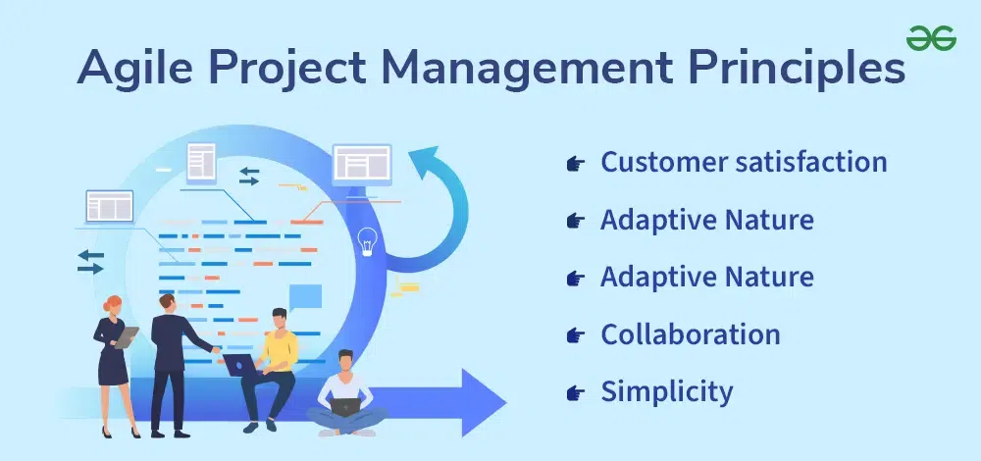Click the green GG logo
tap(931, 38)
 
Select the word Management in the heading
tap(528, 67)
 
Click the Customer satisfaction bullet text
tap(744, 162)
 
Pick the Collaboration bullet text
tap(690, 334)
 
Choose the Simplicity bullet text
tap(666, 392)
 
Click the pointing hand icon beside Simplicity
tap(575, 393)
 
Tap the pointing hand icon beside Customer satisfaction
tap(575, 164)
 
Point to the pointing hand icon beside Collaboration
tap(575, 335)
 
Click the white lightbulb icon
tap(367, 241)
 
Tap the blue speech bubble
tap(305, 296)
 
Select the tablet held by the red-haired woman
tap(127, 337)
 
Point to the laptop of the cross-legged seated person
tap(345, 407)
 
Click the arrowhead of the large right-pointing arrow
tap(483, 402)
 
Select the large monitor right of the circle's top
tap(362, 165)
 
